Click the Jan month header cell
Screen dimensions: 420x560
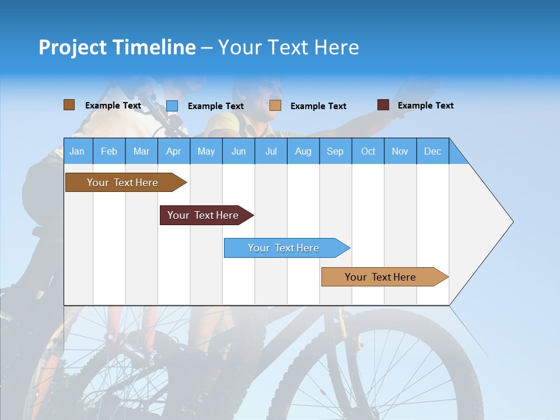(78, 151)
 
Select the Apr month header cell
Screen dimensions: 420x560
(173, 151)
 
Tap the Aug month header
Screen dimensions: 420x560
(303, 151)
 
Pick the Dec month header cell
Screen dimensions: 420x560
(432, 151)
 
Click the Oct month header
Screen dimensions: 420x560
(367, 151)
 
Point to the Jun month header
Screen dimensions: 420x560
(238, 151)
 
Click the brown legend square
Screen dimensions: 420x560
(69, 105)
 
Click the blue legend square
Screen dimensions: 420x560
(171, 106)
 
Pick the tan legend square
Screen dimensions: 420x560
(275, 106)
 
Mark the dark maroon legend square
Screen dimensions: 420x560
(383, 105)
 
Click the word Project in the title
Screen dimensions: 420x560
(72, 47)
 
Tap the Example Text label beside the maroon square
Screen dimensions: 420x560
(425, 106)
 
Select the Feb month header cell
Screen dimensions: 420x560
(109, 151)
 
